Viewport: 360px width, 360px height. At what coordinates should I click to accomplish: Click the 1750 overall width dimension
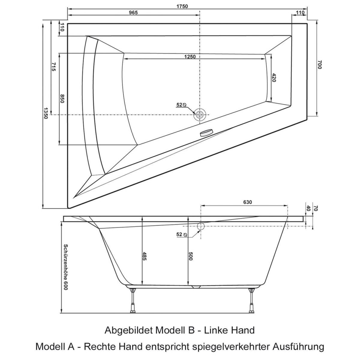tap(182, 6)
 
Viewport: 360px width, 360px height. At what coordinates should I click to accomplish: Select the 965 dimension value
tap(133, 12)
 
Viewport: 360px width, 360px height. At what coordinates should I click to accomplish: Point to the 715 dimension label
tap(54, 67)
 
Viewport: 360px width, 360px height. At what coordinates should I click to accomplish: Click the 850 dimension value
tap(62, 99)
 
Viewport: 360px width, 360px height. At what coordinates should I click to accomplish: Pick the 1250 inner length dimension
tap(190, 57)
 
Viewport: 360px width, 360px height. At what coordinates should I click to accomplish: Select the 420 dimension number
tap(274, 78)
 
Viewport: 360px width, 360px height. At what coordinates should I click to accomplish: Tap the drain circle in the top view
tap(200, 114)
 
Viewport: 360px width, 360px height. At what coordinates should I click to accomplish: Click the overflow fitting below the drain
tap(206, 132)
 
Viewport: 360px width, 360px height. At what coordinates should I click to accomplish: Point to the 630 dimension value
tap(247, 202)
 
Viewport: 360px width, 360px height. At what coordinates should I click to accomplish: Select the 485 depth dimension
tap(144, 256)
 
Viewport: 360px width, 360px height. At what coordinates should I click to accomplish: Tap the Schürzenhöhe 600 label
tap(65, 267)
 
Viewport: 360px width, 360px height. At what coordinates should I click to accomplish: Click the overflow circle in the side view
tap(200, 226)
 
